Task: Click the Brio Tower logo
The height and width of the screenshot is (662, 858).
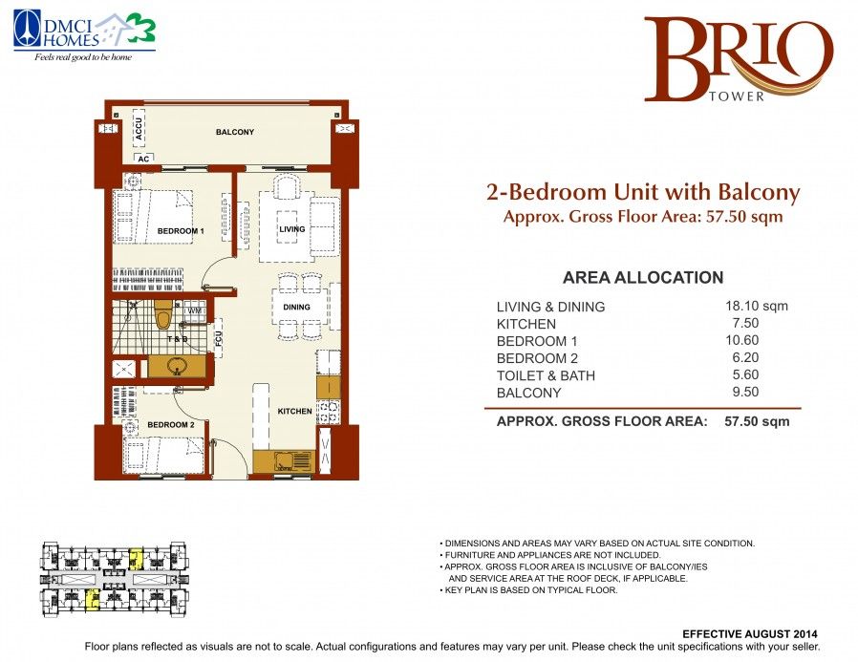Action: click(x=739, y=59)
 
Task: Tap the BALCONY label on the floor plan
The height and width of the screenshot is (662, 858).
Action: click(x=235, y=132)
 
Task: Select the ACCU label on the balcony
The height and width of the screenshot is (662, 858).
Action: click(x=139, y=129)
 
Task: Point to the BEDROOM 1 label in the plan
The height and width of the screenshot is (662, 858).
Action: click(x=181, y=231)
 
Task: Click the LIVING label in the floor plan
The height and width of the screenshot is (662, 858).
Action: click(x=292, y=229)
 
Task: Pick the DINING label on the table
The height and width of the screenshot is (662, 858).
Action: click(x=296, y=307)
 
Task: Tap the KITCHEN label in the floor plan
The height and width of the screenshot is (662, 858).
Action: click(x=295, y=411)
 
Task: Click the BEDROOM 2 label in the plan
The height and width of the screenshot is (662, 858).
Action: click(x=171, y=424)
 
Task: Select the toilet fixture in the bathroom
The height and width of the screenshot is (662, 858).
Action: click(x=162, y=314)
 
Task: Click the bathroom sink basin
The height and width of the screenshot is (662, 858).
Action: click(x=177, y=366)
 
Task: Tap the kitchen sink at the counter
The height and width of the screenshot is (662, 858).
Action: click(x=284, y=461)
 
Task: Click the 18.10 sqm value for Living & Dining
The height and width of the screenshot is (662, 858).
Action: click(x=756, y=306)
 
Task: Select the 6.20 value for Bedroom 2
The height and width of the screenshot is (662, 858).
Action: click(x=745, y=357)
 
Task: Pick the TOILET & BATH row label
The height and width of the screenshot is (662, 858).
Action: click(x=546, y=375)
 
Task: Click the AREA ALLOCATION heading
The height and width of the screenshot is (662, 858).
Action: click(x=643, y=277)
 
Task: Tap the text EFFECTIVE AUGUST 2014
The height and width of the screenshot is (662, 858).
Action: click(x=750, y=634)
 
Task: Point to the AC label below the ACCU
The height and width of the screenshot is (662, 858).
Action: click(x=143, y=159)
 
